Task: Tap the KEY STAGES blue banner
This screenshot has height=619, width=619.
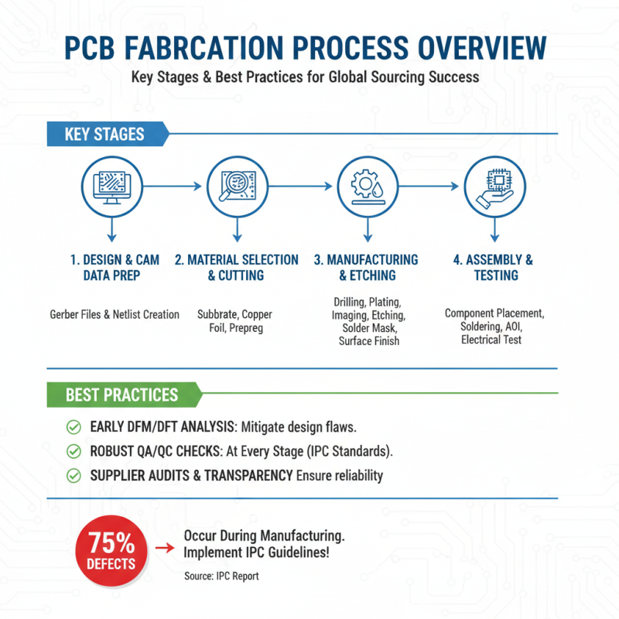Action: [x=105, y=134]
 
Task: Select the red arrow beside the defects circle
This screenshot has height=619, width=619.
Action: [x=164, y=548]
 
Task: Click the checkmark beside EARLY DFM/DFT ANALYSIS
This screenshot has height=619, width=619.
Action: [x=74, y=426]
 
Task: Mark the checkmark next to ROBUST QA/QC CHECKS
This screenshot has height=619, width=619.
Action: [x=74, y=450]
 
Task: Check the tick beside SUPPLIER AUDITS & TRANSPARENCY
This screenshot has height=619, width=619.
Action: [x=74, y=475]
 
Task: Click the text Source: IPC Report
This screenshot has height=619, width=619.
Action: [x=221, y=576]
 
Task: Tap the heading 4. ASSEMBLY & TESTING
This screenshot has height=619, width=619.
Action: [x=493, y=268]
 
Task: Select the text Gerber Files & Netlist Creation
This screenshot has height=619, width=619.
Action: [x=115, y=314]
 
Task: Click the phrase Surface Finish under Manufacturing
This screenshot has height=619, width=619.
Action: [x=369, y=340]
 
